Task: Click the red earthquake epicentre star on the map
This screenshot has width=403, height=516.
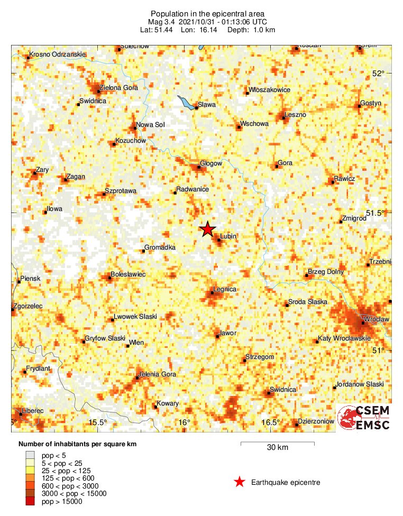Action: [x=207, y=229]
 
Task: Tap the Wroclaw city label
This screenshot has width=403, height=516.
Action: [x=377, y=320]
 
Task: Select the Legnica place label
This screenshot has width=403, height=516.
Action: [x=224, y=290]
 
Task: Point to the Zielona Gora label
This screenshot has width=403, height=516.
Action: [x=119, y=88]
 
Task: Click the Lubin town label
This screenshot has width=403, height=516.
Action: [x=228, y=236]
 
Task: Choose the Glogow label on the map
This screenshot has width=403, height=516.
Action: [x=211, y=164]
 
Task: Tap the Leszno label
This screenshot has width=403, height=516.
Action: [x=295, y=115]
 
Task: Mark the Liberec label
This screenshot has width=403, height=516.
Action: [x=33, y=410]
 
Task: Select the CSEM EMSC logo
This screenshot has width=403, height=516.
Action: [x=364, y=418]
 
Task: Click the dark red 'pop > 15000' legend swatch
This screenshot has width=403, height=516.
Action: [x=32, y=501]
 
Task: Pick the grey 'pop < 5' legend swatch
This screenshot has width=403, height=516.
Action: [x=32, y=455]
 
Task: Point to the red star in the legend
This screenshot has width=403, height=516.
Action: [x=240, y=482]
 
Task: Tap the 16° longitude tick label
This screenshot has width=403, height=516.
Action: [x=184, y=422]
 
